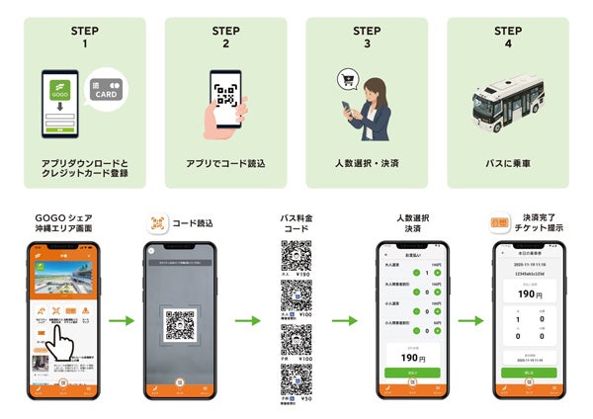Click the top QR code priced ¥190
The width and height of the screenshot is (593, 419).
[x=296, y=255]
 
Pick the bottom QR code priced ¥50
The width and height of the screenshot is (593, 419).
[x=296, y=378]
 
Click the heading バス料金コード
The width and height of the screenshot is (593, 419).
[x=296, y=223]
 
